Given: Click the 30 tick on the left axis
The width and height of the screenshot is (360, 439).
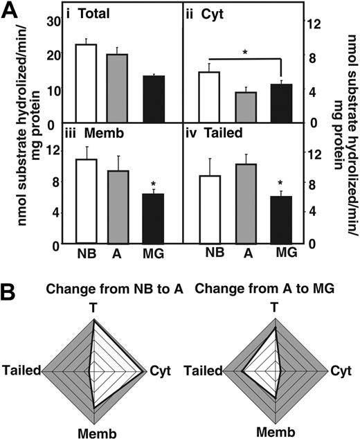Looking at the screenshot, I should click(53, 21).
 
